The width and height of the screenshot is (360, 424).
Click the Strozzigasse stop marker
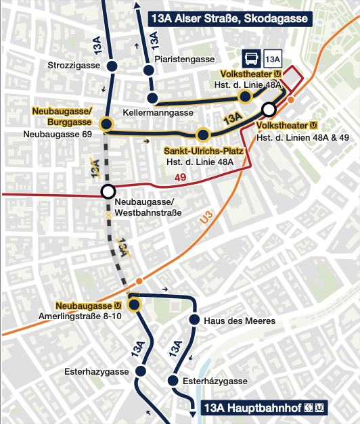(x=112, y=66)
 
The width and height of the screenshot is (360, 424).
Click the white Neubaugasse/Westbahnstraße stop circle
(x=107, y=191)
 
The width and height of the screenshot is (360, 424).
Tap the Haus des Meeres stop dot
(x=194, y=320)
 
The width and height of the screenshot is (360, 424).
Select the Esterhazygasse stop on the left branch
(x=141, y=371)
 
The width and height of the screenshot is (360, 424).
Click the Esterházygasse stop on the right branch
(x=173, y=381)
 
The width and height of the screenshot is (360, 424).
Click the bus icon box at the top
(x=250, y=59)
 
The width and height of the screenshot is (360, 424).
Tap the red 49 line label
(x=180, y=178)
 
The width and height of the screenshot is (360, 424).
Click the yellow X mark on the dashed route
(x=107, y=215)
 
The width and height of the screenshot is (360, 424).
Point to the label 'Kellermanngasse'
(x=158, y=112)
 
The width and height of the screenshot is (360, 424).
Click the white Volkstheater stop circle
(x=269, y=109)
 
